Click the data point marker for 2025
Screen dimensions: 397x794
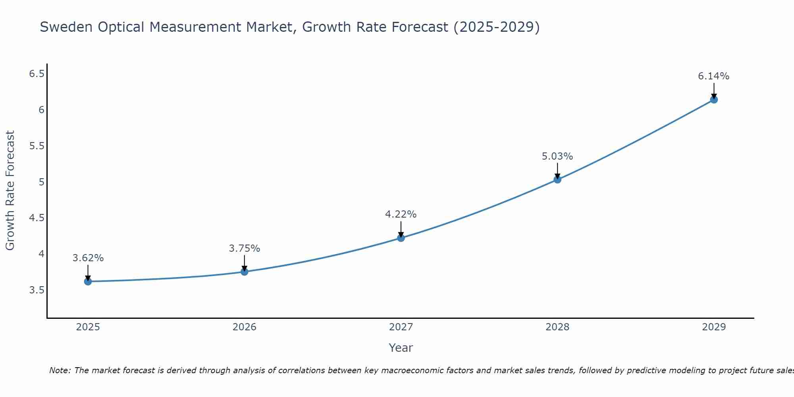pyautogui.click(x=88, y=281)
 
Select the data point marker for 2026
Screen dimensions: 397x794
pyautogui.click(x=245, y=272)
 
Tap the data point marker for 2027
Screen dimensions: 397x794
pyautogui.click(x=401, y=238)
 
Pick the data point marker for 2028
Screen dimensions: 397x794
pyautogui.click(x=557, y=179)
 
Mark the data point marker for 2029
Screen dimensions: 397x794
pyautogui.click(x=714, y=99)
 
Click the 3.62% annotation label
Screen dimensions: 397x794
pyautogui.click(x=88, y=258)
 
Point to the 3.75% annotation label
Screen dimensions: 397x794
pyautogui.click(x=245, y=249)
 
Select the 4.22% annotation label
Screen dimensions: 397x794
pyautogui.click(x=401, y=214)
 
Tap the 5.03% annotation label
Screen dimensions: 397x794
pyautogui.click(x=557, y=156)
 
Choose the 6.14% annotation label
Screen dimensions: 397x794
pyautogui.click(x=714, y=76)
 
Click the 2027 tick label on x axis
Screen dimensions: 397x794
pyautogui.click(x=401, y=327)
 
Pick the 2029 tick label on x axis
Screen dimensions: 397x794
pyautogui.click(x=714, y=327)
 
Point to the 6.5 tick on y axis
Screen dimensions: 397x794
pyautogui.click(x=37, y=74)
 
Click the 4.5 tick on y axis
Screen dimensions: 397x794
pyautogui.click(x=37, y=218)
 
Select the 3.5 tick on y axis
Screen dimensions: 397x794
pyautogui.click(x=37, y=290)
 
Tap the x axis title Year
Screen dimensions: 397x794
pyautogui.click(x=401, y=348)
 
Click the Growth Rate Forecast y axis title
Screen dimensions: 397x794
pyautogui.click(x=10, y=191)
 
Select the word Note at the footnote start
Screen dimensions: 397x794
pyautogui.click(x=59, y=370)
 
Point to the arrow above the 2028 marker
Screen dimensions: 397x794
pyautogui.click(x=557, y=171)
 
